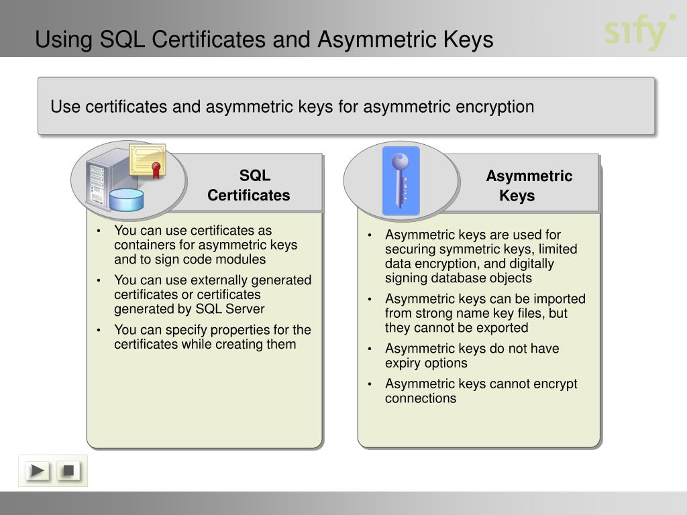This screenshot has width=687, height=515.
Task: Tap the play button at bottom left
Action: pyautogui.click(x=38, y=471)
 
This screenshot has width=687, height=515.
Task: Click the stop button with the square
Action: pyautogui.click(x=67, y=471)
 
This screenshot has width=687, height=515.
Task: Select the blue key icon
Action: pyautogui.click(x=401, y=180)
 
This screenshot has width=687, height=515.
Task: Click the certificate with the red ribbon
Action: pyautogui.click(x=148, y=161)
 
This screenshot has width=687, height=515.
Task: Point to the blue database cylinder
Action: pyautogui.click(x=126, y=198)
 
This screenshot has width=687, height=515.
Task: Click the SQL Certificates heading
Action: pyautogui.click(x=249, y=186)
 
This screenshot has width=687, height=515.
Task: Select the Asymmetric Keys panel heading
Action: pyautogui.click(x=529, y=186)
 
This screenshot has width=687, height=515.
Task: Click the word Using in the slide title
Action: pyautogui.click(x=64, y=40)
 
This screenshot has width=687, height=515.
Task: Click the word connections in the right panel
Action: pyautogui.click(x=421, y=398)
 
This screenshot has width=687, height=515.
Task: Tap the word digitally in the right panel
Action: pyautogui.click(x=529, y=264)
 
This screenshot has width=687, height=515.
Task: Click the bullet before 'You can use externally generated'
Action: pyautogui.click(x=99, y=280)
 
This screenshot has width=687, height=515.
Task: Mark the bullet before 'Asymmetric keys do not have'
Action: pyautogui.click(x=370, y=349)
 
